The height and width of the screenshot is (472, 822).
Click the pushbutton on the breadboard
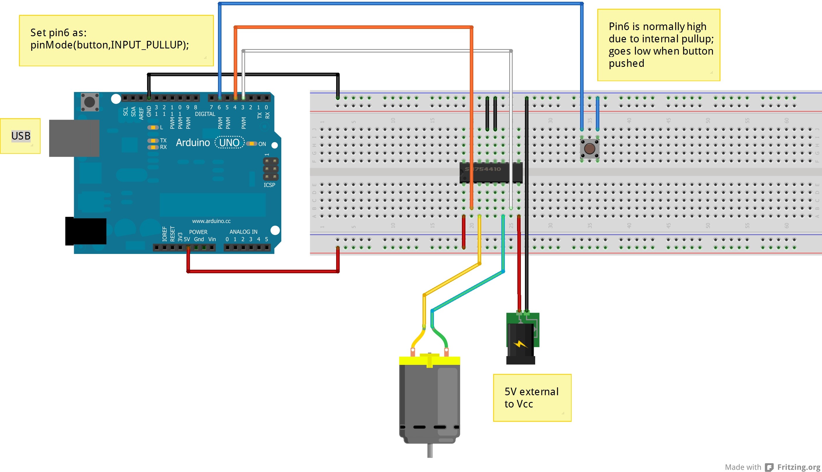tap(589, 149)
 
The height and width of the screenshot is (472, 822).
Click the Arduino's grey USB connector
tap(74, 138)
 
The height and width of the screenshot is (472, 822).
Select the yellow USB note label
tap(20, 136)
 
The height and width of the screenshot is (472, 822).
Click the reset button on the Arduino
tap(89, 102)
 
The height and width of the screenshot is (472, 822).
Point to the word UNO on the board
tap(229, 143)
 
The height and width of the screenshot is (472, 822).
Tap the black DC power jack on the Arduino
tap(86, 231)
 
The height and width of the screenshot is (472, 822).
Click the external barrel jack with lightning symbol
tap(521, 344)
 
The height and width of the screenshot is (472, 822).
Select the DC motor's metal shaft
tap(430, 451)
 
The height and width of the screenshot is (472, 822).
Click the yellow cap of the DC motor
tap(429, 360)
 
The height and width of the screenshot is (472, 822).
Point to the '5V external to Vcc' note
tap(532, 398)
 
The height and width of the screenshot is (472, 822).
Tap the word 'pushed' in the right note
tap(626, 63)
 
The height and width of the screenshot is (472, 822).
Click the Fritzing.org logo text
tap(798, 467)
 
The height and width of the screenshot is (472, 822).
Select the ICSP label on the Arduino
tap(269, 185)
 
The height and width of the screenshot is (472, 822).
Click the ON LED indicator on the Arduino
tap(252, 144)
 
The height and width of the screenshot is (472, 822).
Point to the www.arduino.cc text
tap(211, 221)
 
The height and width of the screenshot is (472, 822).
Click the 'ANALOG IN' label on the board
tap(243, 232)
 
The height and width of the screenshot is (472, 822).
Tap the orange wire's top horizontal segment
tap(353, 27)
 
